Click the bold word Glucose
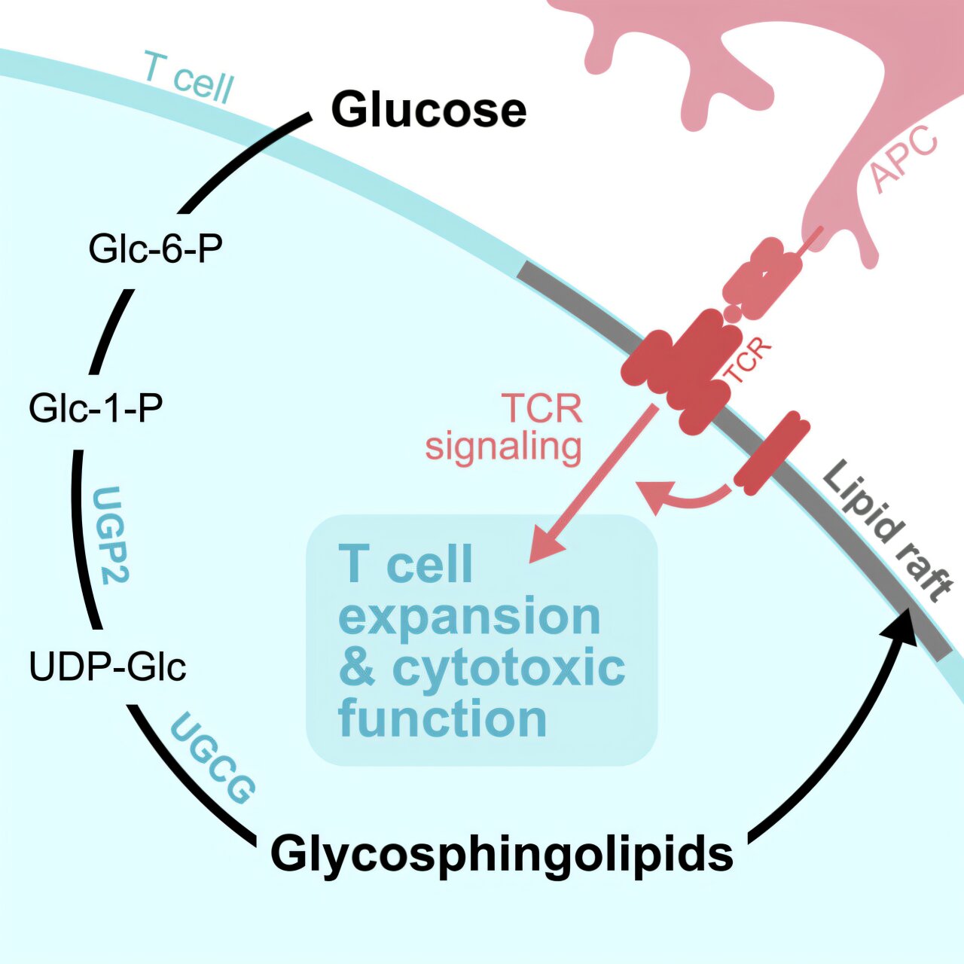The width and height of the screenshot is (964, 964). click(429, 110)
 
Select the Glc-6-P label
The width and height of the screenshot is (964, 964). click(156, 249)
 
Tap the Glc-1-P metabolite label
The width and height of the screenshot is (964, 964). click(96, 408)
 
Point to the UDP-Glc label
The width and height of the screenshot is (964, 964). click(108, 667)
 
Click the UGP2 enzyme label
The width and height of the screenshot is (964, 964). click(110, 535)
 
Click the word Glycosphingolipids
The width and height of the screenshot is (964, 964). click(502, 854)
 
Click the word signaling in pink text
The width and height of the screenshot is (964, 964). click(503, 446)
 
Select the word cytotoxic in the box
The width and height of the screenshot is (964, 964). click(508, 667)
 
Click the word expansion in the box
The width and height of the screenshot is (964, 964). click(469, 616)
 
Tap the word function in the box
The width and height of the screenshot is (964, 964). click(442, 718)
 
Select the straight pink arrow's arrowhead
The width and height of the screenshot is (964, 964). click(544, 547)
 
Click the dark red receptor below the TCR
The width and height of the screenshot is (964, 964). click(771, 453)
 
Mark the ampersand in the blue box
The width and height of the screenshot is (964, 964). click(357, 667)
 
